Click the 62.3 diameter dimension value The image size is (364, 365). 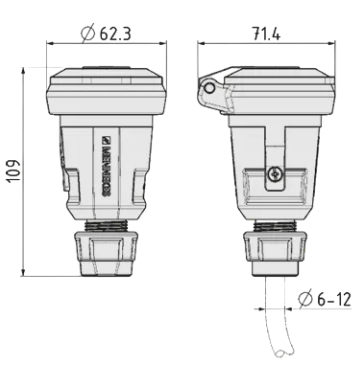pyautogui.click(x=115, y=34)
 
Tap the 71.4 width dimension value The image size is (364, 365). pyautogui.click(x=266, y=34)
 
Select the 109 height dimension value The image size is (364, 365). pyautogui.click(x=14, y=171)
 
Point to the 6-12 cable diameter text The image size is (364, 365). pyautogui.click(x=334, y=300)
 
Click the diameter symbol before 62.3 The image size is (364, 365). pyautogui.click(x=87, y=33)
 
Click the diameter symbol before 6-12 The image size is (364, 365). pyautogui.click(x=305, y=299)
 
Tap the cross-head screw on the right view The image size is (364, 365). pyautogui.click(x=275, y=174)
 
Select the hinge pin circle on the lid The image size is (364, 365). pyautogui.click(x=209, y=87)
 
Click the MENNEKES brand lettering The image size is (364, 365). pyautogui.click(x=107, y=171)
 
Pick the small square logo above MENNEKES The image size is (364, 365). pyautogui.click(x=106, y=140)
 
